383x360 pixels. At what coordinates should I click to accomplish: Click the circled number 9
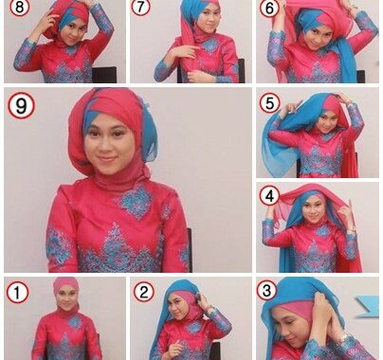tap(21, 106)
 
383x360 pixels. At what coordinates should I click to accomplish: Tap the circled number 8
tap(20, 7)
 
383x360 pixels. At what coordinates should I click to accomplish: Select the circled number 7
tap(140, 7)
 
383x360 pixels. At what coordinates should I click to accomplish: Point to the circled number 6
tap(269, 8)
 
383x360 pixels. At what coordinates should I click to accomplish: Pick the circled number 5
tap(269, 103)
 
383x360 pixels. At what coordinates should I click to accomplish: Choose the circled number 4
tap(269, 196)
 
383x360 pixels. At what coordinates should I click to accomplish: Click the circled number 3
tap(267, 290)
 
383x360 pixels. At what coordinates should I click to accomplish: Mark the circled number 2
tap(144, 292)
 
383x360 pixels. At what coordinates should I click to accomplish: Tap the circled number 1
tap(18, 293)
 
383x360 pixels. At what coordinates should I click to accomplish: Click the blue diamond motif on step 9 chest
tap(137, 203)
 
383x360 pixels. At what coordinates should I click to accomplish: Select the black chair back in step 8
tap(104, 75)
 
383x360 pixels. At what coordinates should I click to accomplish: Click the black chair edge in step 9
tap(190, 249)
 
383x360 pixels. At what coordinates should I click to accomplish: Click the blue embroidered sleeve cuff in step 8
tap(23, 56)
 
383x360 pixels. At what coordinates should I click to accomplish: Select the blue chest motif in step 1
tap(75, 322)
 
